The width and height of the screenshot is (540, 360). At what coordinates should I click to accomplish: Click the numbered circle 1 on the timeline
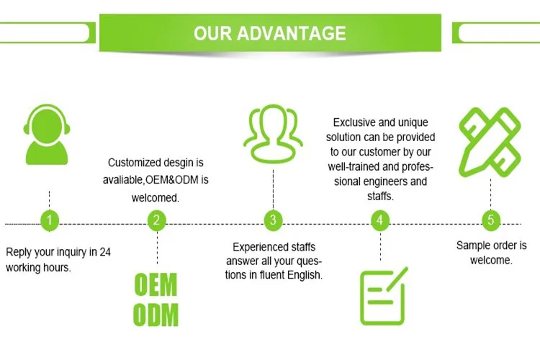click(x=49, y=220)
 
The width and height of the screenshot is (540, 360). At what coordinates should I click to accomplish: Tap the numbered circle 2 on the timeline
click(x=157, y=220)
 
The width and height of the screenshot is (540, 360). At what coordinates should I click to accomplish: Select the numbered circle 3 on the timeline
click(x=272, y=220)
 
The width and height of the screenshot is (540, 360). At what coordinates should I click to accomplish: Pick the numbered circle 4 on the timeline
click(x=379, y=220)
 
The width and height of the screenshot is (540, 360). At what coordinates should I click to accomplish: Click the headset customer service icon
click(x=49, y=135)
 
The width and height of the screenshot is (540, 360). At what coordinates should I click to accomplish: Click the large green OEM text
click(x=156, y=284)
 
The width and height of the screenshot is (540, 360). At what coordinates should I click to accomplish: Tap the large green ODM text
click(x=156, y=315)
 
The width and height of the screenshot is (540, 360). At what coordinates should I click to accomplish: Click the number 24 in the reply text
click(x=104, y=252)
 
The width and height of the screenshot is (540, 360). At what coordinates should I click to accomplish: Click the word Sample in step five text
click(x=472, y=246)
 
